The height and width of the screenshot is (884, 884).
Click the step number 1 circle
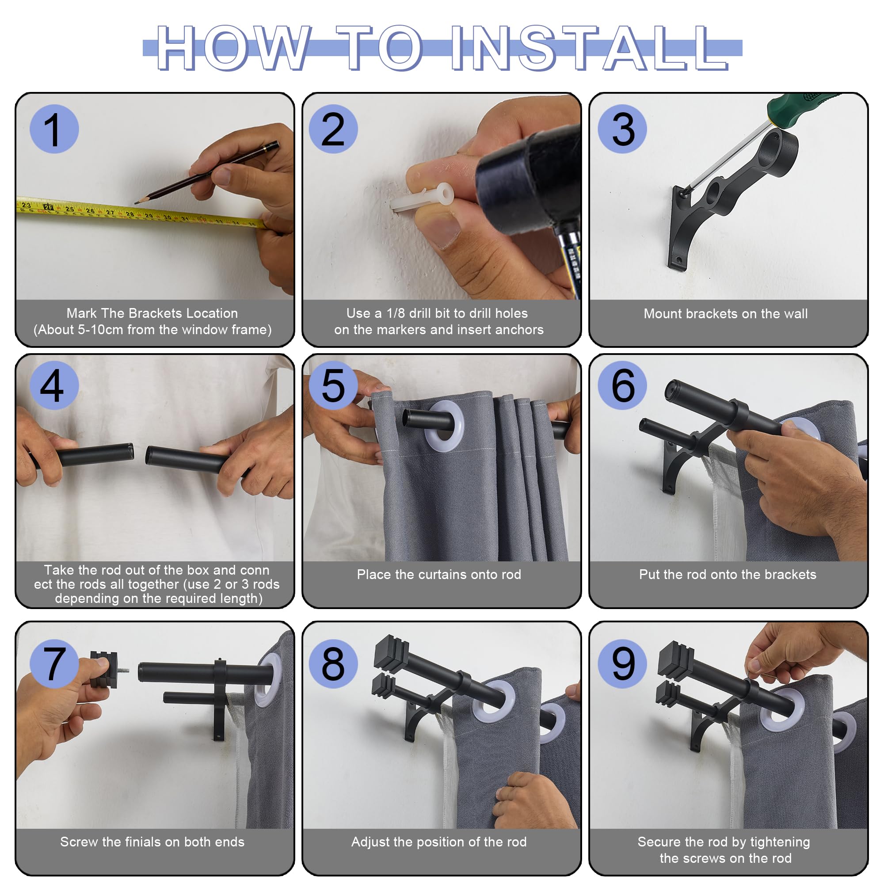[x=54, y=129]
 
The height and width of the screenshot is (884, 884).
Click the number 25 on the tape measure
[x=69, y=209]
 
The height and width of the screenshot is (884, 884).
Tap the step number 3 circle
[x=622, y=129]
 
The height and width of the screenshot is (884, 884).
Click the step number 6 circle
[x=622, y=385]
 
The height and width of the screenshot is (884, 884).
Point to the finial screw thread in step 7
[x=124, y=671]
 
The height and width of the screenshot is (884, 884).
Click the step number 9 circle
[x=622, y=663]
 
